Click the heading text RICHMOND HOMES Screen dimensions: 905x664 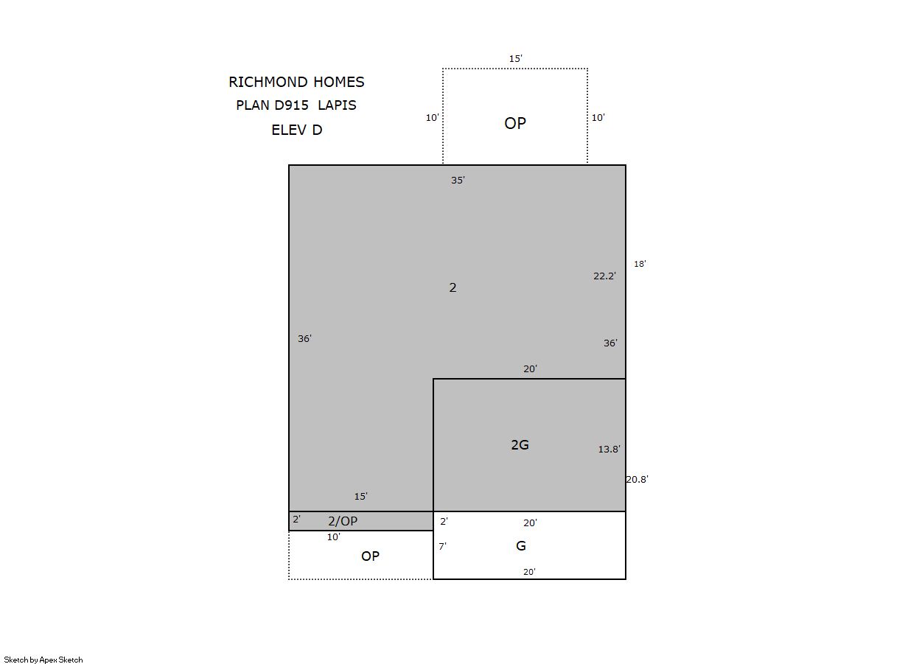(296, 82)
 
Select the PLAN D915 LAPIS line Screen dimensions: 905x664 (296, 105)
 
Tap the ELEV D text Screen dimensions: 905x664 (297, 130)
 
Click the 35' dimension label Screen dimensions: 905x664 (458, 180)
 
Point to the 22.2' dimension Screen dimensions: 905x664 (604, 276)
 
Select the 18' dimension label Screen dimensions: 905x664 (640, 264)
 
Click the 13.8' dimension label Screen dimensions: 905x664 (609, 449)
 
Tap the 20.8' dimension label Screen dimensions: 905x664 (637, 480)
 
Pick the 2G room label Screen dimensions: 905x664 (520, 444)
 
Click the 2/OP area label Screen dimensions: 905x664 (343, 521)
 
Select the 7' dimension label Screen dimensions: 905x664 (443, 547)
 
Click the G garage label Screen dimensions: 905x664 (521, 546)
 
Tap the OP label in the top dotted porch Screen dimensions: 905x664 (515, 123)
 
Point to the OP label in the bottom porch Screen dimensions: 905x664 (370, 556)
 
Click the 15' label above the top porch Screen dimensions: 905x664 (516, 58)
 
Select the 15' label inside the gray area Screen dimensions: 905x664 (361, 497)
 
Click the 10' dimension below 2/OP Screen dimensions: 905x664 (334, 537)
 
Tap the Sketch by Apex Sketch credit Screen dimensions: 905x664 (43, 660)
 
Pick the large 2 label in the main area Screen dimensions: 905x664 (453, 287)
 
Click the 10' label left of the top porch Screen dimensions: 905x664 (433, 117)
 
